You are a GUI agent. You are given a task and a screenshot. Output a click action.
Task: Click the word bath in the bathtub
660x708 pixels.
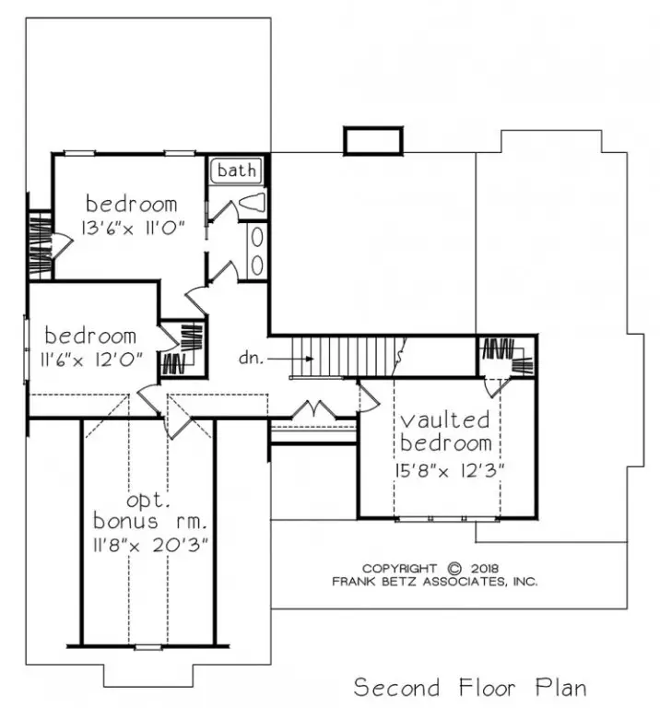(237, 171)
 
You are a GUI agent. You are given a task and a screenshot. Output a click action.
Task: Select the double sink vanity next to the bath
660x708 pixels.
(257, 251)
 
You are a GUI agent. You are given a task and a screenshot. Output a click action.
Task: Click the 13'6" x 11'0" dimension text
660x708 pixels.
(133, 228)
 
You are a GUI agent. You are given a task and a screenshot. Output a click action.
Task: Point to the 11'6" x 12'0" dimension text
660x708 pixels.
(91, 360)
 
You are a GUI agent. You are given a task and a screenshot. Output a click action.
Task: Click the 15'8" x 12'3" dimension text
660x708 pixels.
(449, 471)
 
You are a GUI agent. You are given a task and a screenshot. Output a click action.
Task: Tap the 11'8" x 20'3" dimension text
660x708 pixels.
(151, 546)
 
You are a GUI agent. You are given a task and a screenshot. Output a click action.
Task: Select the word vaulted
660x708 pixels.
(445, 420)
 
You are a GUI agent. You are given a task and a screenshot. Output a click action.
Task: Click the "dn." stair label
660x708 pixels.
(251, 358)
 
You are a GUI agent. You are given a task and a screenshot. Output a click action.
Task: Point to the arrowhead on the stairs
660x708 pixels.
(310, 359)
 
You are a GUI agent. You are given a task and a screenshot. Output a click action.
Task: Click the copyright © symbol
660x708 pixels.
(454, 568)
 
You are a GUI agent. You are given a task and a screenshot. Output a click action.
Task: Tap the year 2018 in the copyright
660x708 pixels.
(485, 568)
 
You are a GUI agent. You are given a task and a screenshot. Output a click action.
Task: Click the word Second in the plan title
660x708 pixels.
(396, 688)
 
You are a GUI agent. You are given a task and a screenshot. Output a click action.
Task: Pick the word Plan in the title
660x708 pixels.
(561, 688)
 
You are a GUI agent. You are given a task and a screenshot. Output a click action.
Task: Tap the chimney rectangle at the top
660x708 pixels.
(373, 141)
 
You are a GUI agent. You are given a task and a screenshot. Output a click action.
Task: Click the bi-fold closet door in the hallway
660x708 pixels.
(314, 409)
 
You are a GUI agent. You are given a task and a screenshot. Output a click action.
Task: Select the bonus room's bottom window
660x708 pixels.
(148, 647)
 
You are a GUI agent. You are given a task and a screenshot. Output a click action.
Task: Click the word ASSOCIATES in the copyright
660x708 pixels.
(466, 581)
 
